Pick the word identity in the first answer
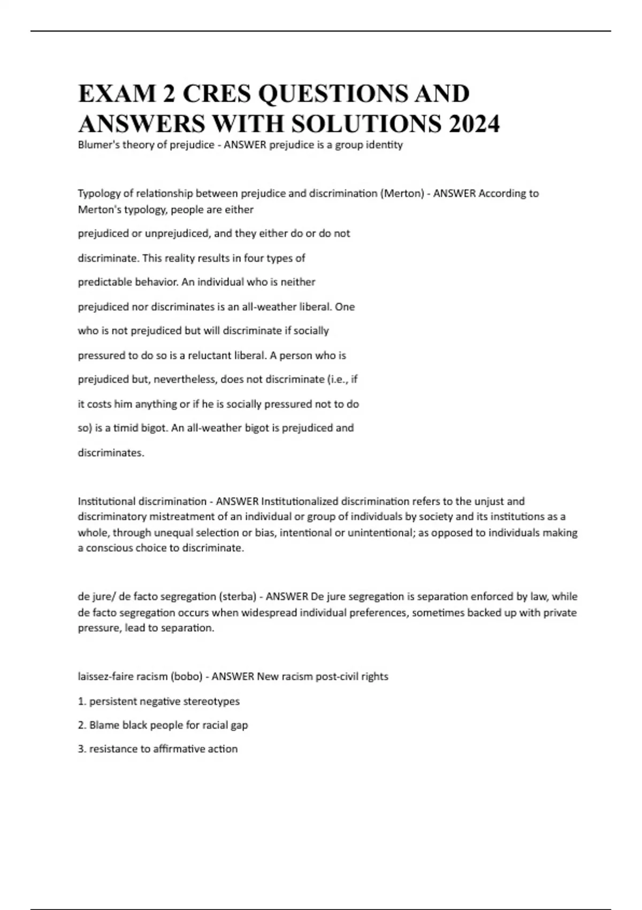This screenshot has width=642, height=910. point(385,145)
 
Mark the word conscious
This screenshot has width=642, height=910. point(112,548)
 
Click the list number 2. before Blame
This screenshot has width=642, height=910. point(82,725)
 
